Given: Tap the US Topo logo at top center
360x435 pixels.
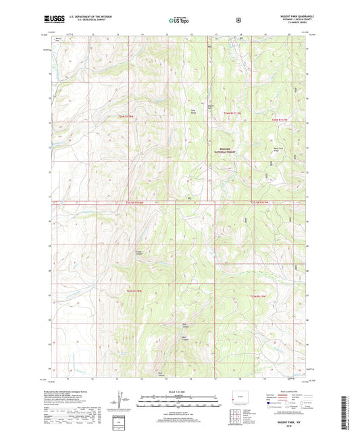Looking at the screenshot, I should point(179,21).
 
